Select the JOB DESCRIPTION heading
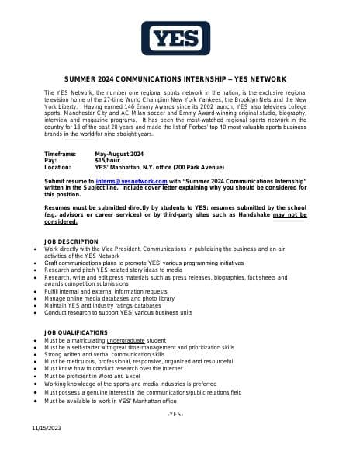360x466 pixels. [71, 242]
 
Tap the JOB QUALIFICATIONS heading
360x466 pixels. [77, 331]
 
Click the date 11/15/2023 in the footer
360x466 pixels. [47, 428]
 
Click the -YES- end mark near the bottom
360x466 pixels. [175, 414]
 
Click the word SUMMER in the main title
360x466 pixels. [81, 79]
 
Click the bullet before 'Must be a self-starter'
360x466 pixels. [36, 347]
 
